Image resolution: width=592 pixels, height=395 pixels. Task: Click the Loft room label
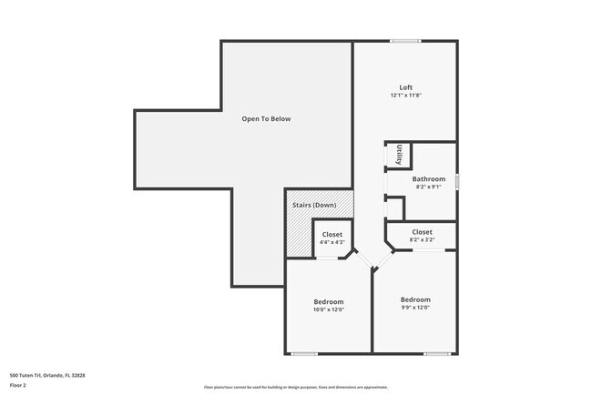[405, 87]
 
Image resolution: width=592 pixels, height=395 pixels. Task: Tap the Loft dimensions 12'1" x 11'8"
[405, 96]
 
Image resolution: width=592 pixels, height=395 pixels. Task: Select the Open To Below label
[266, 119]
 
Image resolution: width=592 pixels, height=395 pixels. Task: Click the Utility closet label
[399, 156]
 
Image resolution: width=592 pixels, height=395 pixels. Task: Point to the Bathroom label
[428, 179]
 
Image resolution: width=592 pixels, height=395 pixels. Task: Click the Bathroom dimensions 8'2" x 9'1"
[428, 187]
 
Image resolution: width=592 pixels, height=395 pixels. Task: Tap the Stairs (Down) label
[314, 205]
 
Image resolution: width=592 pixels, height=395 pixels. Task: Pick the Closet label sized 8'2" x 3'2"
[422, 232]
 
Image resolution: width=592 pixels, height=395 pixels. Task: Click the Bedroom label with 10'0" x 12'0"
[329, 301]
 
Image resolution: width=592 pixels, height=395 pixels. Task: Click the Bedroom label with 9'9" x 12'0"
[415, 299]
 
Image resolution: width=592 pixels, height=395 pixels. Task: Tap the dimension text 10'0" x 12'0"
[329, 309]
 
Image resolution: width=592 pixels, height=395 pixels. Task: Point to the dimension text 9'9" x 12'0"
[415, 308]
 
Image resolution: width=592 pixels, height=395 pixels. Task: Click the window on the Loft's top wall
[405, 40]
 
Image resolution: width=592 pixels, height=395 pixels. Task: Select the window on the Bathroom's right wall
[457, 181]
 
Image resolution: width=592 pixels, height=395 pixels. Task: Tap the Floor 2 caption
[19, 385]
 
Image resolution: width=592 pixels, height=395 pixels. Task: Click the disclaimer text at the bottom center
[295, 387]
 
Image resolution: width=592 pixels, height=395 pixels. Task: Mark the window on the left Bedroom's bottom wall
[304, 353]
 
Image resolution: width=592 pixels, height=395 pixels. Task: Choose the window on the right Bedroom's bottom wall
[437, 353]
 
